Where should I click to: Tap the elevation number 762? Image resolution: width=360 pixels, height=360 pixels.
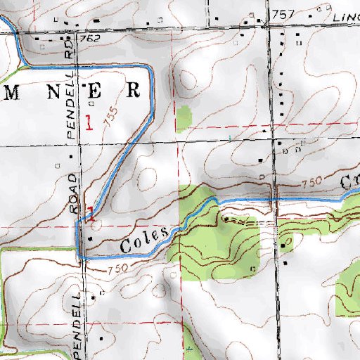[x=92, y=37]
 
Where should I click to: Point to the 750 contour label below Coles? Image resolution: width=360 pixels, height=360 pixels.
[x=117, y=270]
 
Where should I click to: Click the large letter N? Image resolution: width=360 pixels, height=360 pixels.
[x=55, y=91]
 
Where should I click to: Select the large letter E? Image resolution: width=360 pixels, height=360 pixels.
[x=98, y=91]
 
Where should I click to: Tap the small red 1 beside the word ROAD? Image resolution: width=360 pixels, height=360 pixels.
[x=91, y=211]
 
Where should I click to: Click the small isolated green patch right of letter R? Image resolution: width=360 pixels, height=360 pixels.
[x=184, y=119]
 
